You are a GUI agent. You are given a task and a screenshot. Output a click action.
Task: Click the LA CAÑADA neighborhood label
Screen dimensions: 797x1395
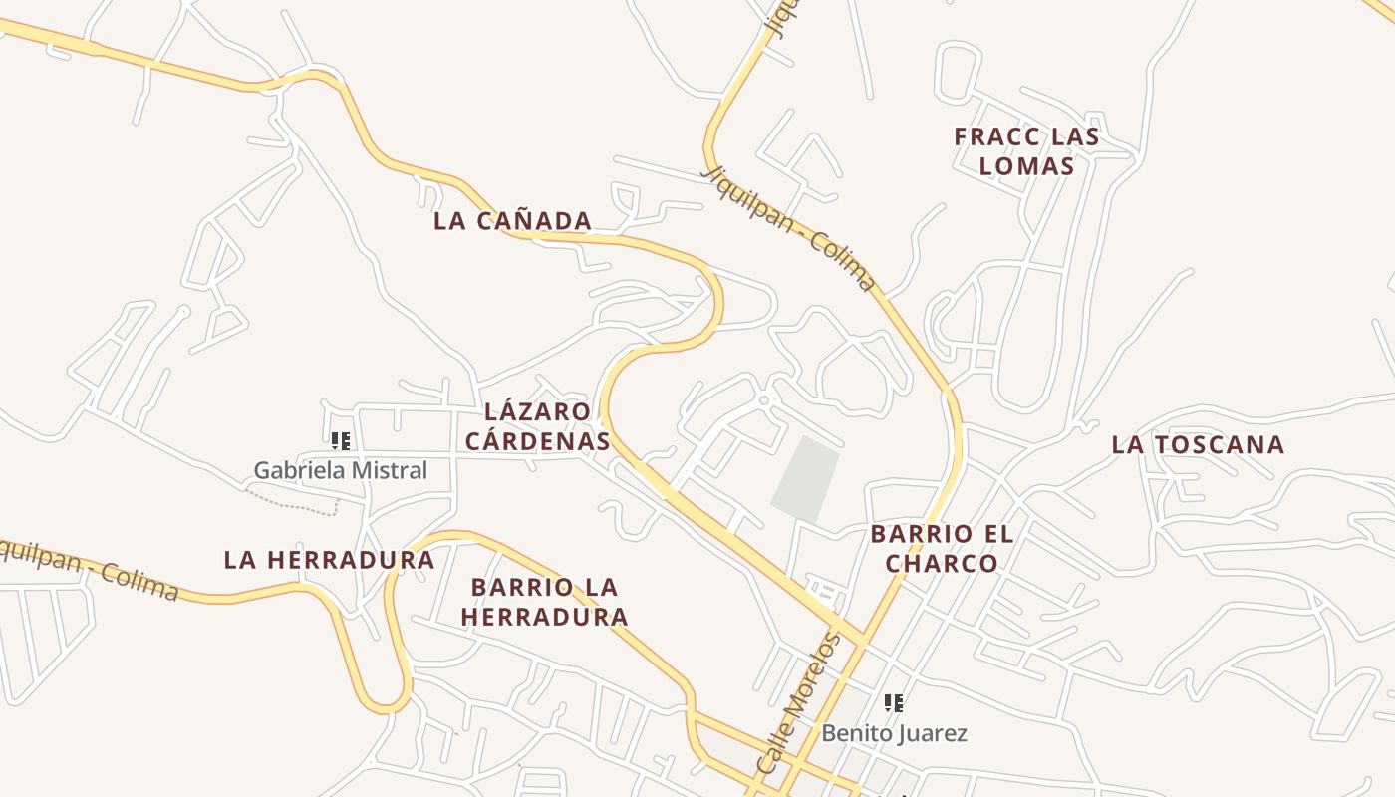pyautogui.click(x=512, y=221)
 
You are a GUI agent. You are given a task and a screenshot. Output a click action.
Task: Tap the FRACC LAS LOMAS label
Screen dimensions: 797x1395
pyautogui.click(x=1026, y=151)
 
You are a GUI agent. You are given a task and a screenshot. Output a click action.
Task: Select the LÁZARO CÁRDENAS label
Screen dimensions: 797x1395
pyautogui.click(x=538, y=426)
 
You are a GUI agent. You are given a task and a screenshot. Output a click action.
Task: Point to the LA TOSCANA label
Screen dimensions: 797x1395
pyautogui.click(x=1198, y=445)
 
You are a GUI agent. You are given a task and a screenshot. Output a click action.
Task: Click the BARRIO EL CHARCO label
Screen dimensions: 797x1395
pyautogui.click(x=942, y=549)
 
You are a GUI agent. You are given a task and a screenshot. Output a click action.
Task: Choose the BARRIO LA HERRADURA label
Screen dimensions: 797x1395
pyautogui.click(x=544, y=602)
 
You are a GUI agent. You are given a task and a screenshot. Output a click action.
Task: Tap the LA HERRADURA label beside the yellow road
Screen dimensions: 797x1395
pyautogui.click(x=329, y=560)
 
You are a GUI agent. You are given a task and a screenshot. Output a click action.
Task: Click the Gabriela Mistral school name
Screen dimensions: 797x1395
pyautogui.click(x=340, y=470)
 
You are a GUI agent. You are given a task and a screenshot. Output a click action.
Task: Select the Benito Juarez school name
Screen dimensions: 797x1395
pyautogui.click(x=894, y=734)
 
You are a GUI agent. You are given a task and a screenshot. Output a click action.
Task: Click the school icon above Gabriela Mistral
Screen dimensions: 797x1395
pyautogui.click(x=341, y=440)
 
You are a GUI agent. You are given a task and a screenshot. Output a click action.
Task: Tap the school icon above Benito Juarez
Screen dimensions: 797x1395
pyautogui.click(x=894, y=703)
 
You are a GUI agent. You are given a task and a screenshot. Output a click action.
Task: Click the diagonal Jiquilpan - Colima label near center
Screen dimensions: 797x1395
pyautogui.click(x=789, y=228)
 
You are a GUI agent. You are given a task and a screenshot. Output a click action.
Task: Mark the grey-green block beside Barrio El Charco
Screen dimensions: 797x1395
pyautogui.click(x=805, y=478)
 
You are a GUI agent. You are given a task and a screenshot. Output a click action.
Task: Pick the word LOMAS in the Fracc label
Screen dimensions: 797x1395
pyautogui.click(x=1026, y=166)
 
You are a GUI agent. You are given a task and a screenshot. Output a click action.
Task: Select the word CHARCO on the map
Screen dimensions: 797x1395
pyautogui.click(x=942, y=564)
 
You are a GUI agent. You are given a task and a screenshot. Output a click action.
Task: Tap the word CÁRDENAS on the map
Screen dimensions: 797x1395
pyautogui.click(x=538, y=440)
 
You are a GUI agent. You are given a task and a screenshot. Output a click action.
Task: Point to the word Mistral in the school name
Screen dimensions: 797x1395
pyautogui.click(x=392, y=470)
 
